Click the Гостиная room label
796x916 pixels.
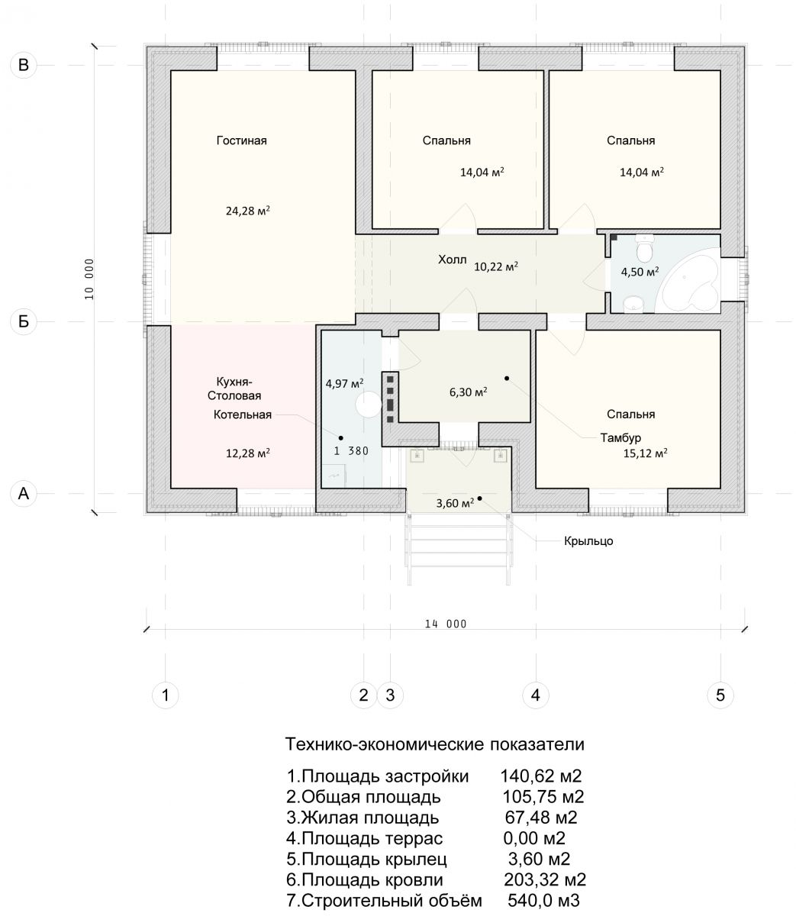241,140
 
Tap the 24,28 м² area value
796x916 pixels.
247,211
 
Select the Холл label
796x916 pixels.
452,260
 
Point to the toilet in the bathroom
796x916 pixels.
645,249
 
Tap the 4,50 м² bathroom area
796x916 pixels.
640,272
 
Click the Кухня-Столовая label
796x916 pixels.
234,389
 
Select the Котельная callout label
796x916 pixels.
242,414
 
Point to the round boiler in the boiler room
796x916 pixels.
369,405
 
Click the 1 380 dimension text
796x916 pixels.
351,451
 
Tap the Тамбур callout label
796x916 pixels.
620,437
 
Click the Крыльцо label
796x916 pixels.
588,541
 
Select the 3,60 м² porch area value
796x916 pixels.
455,503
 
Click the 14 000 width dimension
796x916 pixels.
445,624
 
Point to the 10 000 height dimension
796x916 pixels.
89,279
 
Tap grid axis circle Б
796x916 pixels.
23,321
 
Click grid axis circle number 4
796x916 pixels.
535,695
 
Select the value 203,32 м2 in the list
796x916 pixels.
545,879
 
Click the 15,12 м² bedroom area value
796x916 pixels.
645,453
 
